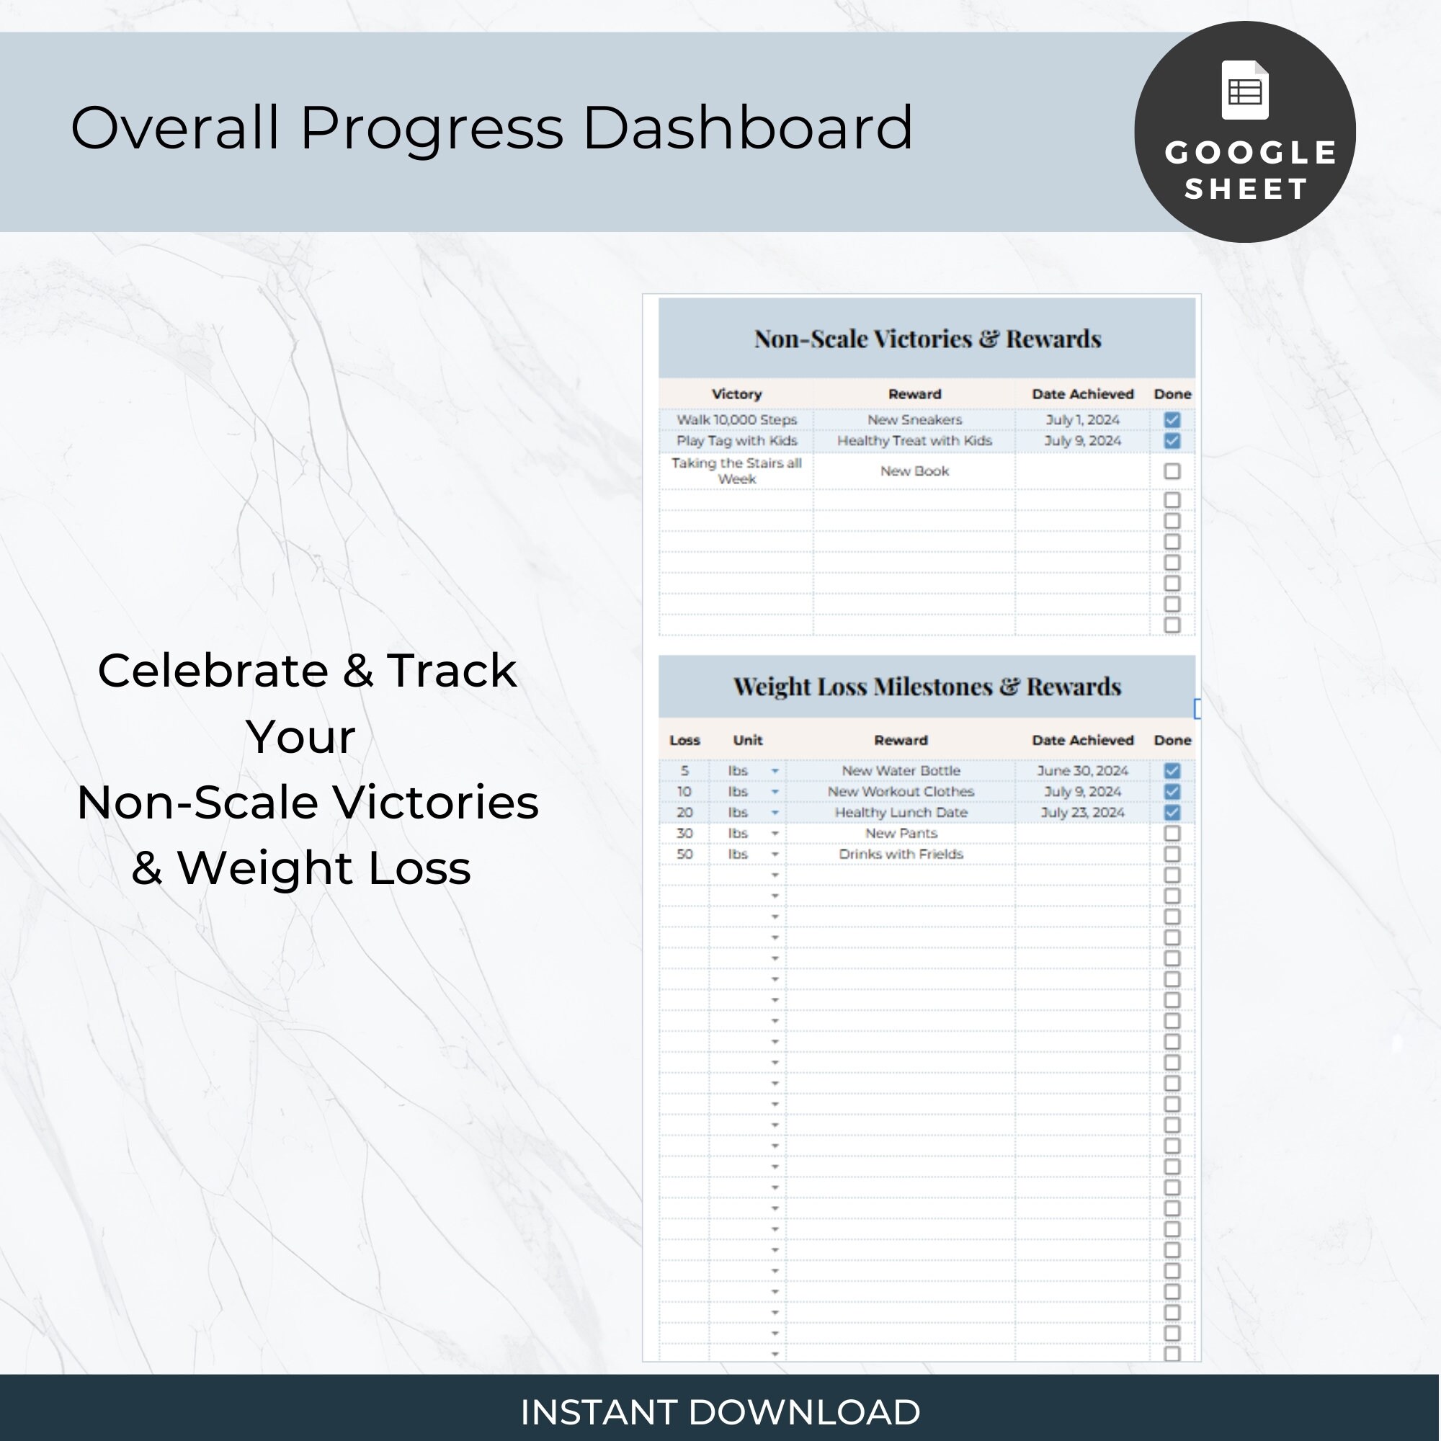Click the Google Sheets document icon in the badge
point(1245,90)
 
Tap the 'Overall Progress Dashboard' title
point(491,128)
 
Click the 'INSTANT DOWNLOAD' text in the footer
point(720,1411)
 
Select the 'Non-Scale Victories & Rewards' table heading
point(927,339)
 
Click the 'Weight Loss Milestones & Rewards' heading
point(927,686)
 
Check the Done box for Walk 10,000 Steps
point(1172,420)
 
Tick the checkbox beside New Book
point(1172,471)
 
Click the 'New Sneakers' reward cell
point(914,420)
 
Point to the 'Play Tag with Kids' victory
point(736,441)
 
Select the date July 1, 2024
point(1082,420)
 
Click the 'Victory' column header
point(736,394)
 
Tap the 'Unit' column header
point(747,740)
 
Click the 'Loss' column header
point(684,740)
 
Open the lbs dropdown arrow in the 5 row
point(775,770)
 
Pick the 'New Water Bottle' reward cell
point(901,770)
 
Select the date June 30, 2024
point(1082,770)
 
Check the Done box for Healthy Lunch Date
point(1172,812)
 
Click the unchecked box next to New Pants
point(1172,833)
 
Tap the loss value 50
point(684,854)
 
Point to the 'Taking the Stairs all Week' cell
point(736,471)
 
